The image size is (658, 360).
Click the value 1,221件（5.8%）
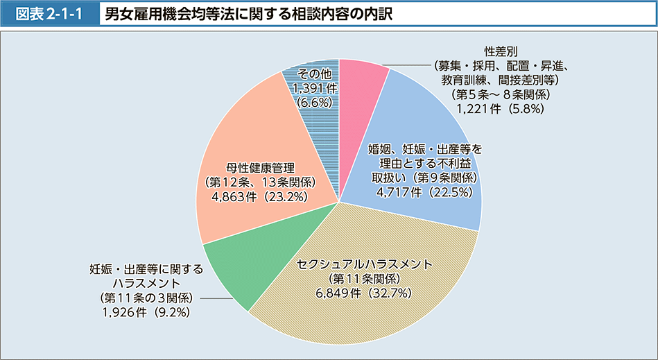click(x=493, y=108)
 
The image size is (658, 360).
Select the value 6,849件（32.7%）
click(x=364, y=293)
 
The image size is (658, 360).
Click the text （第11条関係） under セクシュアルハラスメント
click(x=364, y=279)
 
